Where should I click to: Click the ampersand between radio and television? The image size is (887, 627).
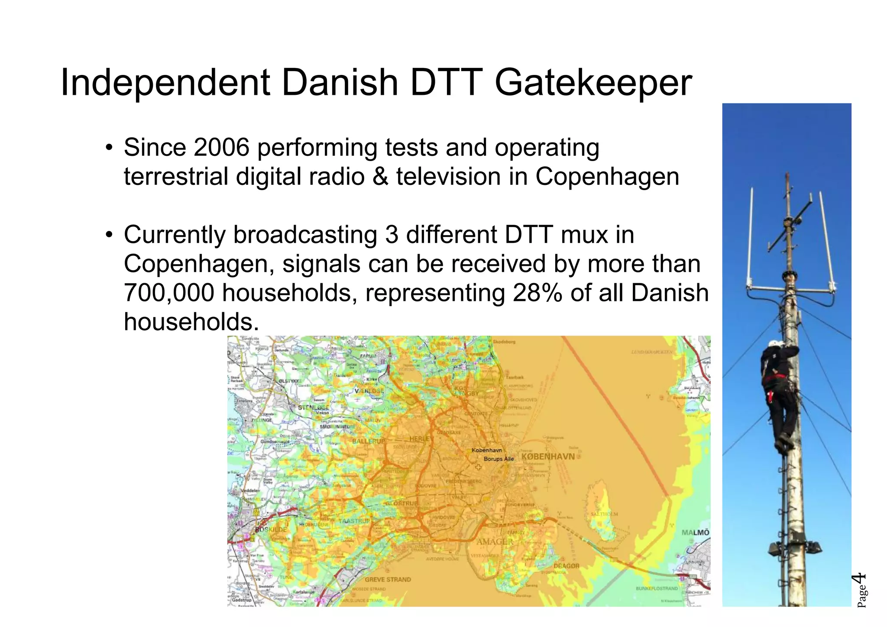[x=380, y=177]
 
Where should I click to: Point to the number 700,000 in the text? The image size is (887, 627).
[x=169, y=293]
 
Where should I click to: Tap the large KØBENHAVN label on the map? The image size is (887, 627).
[x=548, y=456]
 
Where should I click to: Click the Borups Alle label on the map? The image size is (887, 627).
[x=499, y=459]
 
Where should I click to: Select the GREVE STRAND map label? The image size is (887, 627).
[x=388, y=579]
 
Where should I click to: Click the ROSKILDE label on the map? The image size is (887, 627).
[x=271, y=530]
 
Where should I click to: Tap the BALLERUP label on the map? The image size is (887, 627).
[x=368, y=441]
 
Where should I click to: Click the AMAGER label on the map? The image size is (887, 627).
[x=495, y=542]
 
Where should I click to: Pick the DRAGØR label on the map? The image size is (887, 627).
[x=566, y=566]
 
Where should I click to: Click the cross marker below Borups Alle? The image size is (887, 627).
[x=478, y=467]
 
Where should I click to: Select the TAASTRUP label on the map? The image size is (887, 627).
[x=354, y=521]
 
